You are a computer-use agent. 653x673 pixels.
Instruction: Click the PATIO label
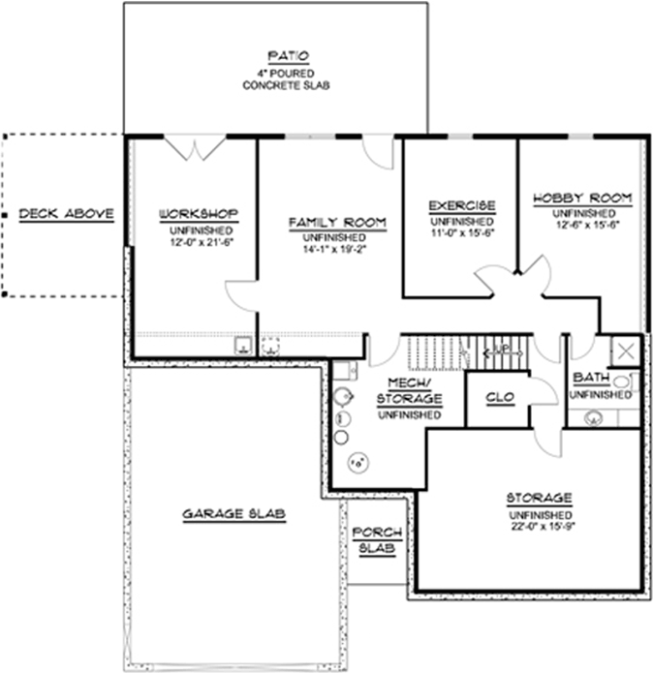(x=285, y=55)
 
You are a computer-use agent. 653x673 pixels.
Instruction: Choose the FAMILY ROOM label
(x=337, y=223)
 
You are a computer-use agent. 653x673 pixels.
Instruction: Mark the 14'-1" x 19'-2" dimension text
(x=334, y=250)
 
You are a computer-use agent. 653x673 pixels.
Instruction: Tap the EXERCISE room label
(x=462, y=206)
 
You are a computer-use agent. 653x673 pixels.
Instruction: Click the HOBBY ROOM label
(x=582, y=199)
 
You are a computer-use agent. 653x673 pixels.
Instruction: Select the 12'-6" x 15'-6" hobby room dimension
(x=583, y=226)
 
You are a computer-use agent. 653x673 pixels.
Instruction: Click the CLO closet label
(x=498, y=397)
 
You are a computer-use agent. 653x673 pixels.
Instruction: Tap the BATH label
(x=591, y=377)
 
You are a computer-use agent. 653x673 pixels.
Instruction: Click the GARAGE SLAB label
(x=233, y=514)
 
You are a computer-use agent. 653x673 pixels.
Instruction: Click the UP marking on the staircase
(x=501, y=349)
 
